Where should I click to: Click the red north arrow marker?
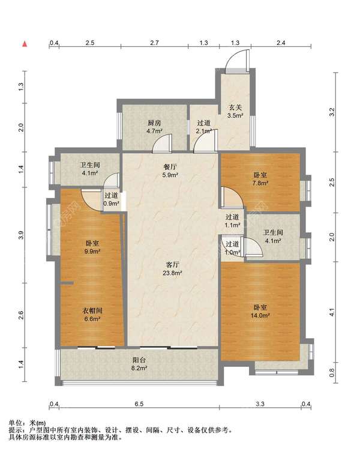[25, 44]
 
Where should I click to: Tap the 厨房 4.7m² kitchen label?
[154, 127]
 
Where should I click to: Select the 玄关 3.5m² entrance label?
[235, 112]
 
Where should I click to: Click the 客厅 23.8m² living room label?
[172, 268]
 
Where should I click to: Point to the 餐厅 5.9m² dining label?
[170, 171]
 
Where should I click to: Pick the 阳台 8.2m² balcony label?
[139, 364]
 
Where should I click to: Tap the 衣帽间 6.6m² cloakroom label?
[92, 315]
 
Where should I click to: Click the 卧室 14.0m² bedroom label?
[260, 311]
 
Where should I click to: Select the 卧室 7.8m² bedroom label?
[260, 179]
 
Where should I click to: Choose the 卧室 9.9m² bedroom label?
[92, 247]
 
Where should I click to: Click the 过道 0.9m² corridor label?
[112, 199]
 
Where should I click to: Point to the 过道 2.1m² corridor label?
[204, 127]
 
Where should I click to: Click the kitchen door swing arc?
[162, 143]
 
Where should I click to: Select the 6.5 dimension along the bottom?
[139, 404]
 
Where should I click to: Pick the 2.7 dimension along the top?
[155, 43]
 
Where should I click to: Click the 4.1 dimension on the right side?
[332, 312]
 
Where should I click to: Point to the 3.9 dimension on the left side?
[20, 235]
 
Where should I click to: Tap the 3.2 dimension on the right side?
[332, 112]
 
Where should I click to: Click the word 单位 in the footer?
[16, 423]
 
